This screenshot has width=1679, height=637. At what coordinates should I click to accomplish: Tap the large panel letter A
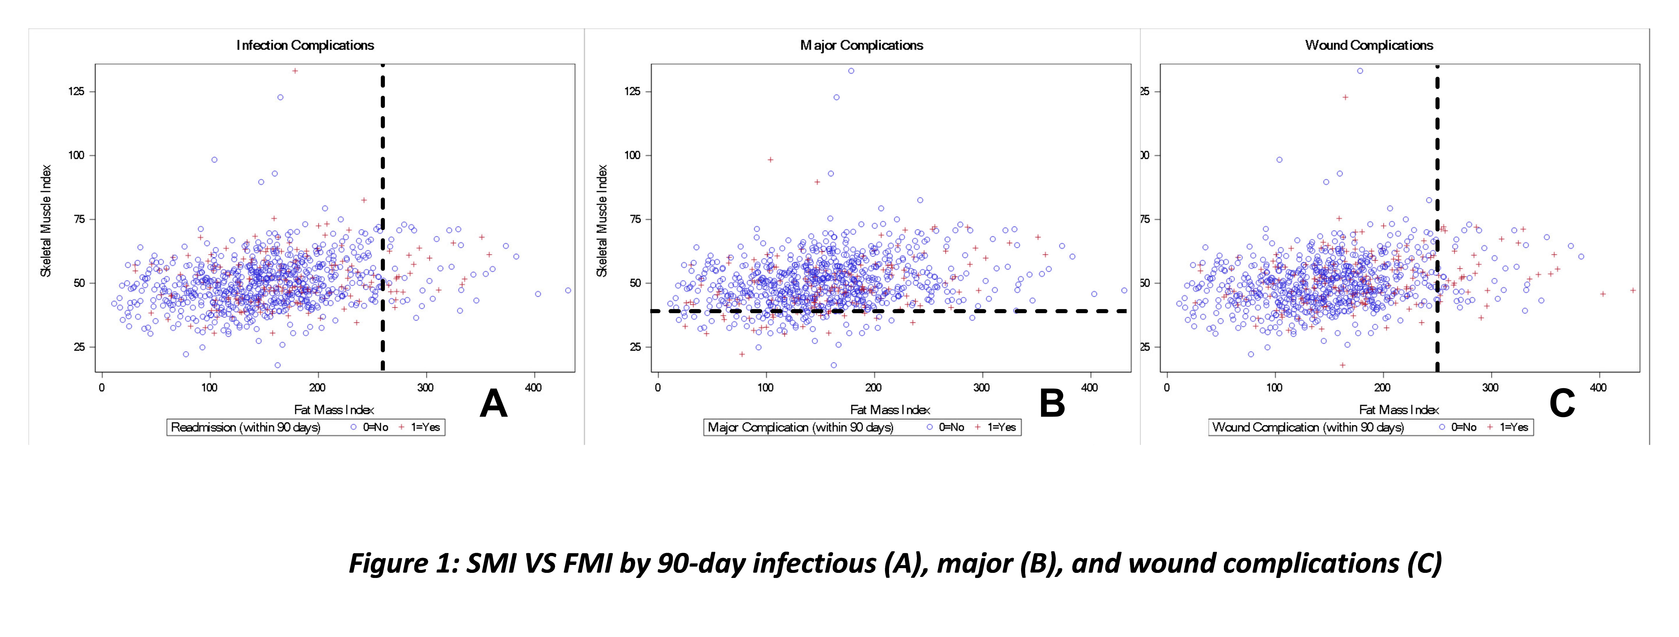493,404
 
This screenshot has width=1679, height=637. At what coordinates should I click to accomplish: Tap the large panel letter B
1052,404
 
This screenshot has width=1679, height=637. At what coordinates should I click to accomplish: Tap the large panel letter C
1562,404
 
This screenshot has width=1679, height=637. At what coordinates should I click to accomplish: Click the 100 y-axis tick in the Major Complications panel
632,156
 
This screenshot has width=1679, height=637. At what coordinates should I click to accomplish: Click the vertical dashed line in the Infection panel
383,195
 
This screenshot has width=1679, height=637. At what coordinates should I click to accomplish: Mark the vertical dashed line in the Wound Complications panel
1437,195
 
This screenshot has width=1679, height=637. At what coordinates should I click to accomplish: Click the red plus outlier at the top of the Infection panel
295,71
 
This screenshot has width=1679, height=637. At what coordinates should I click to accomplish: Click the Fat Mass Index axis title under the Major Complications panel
890,410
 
